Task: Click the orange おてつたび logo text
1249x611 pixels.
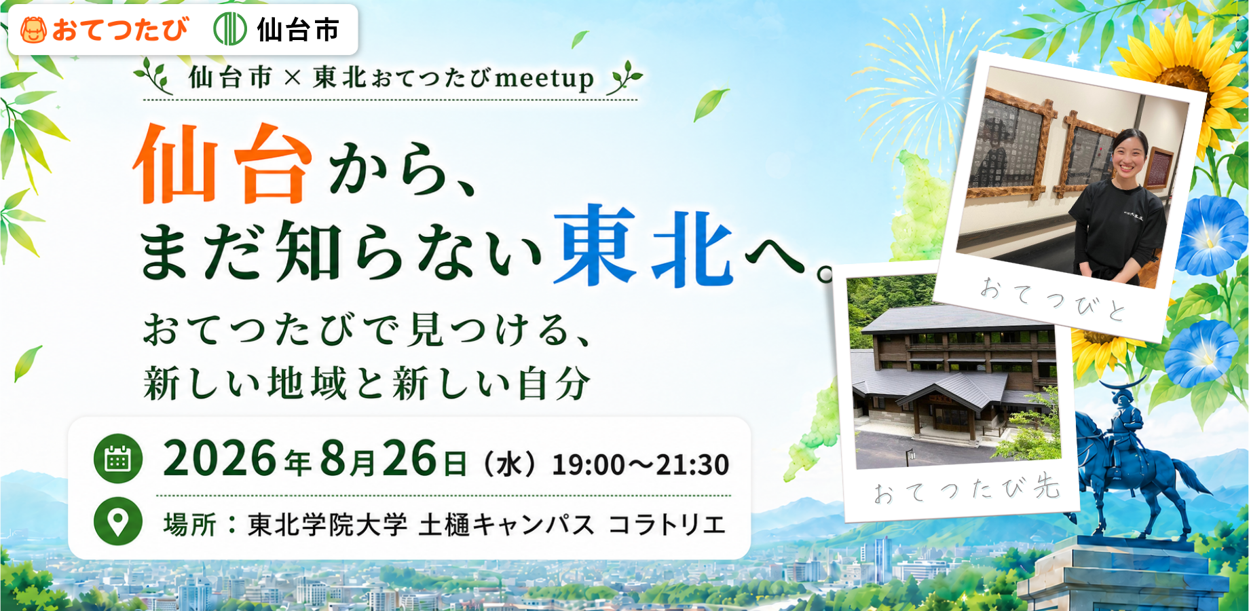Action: pos(119,30)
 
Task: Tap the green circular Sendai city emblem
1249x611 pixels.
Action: pos(229,30)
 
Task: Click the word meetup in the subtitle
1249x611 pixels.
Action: pos(544,79)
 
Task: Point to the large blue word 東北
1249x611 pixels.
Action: pos(644,246)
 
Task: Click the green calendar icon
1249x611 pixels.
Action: pos(117,459)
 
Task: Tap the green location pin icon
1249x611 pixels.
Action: pos(117,521)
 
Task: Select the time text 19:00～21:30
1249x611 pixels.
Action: pos(641,465)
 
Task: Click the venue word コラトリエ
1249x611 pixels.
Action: pos(667,525)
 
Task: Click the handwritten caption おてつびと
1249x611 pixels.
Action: pos(1053,299)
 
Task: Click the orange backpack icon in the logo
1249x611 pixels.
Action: pos(33,30)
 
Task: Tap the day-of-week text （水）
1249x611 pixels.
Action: pos(508,465)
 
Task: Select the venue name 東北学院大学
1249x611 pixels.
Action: pos(328,525)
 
